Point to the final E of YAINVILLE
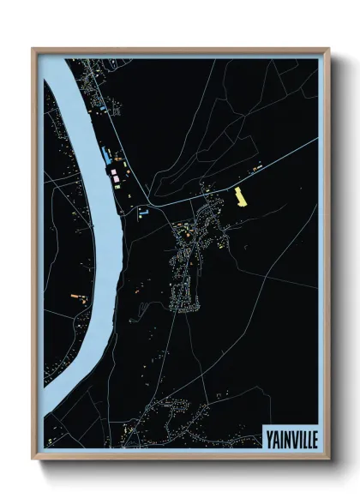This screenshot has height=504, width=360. (313, 435)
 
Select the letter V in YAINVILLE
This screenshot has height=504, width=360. (292, 435)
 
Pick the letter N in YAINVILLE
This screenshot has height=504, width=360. (285, 435)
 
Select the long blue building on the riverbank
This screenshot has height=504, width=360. (105, 156)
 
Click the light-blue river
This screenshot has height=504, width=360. (94, 214)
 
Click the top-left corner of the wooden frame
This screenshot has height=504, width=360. (33, 49)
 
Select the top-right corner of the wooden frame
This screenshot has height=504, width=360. (330, 49)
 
